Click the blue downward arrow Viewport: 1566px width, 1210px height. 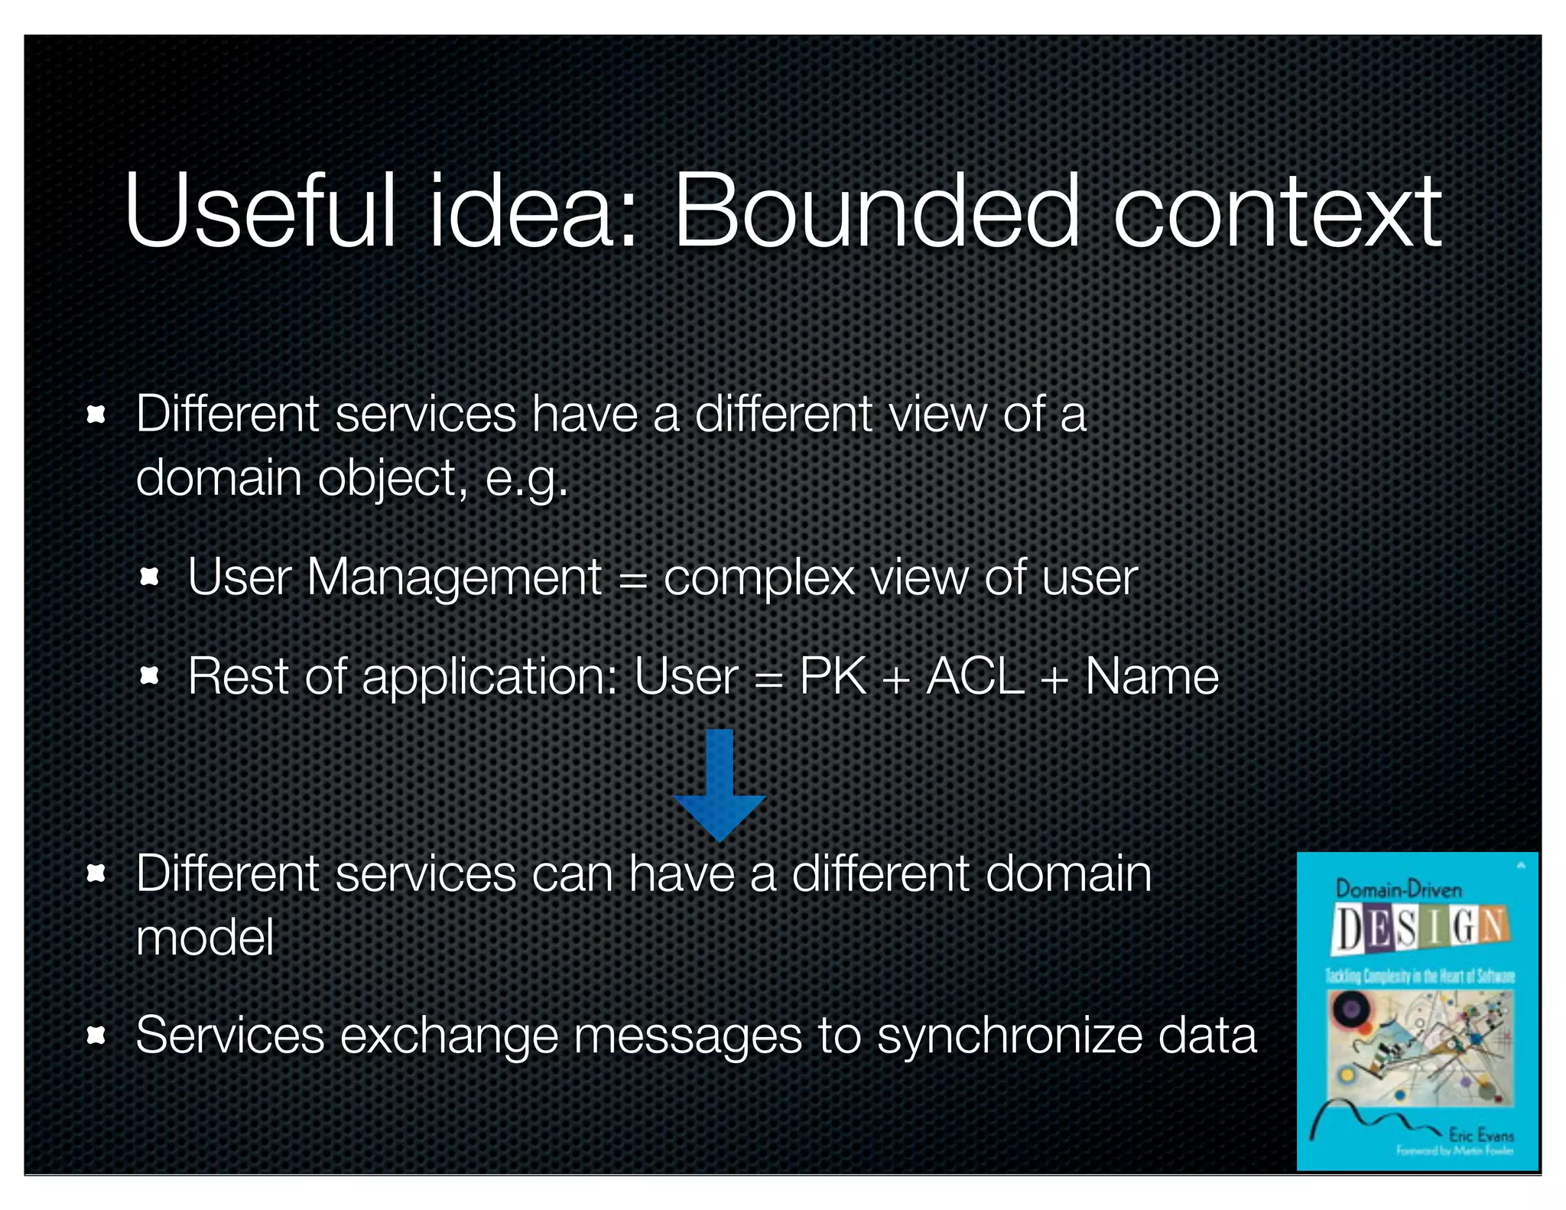tap(719, 784)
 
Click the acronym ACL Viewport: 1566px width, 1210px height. tap(975, 676)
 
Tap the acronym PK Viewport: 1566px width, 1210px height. tap(833, 676)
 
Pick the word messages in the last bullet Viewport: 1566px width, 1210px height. tap(687, 1036)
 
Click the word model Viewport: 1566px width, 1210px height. tap(204, 938)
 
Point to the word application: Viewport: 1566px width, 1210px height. tap(489, 678)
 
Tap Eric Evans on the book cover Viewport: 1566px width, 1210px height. tap(1480, 1134)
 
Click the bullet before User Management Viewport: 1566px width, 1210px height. tap(150, 577)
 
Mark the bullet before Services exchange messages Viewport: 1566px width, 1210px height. tap(96, 1036)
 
